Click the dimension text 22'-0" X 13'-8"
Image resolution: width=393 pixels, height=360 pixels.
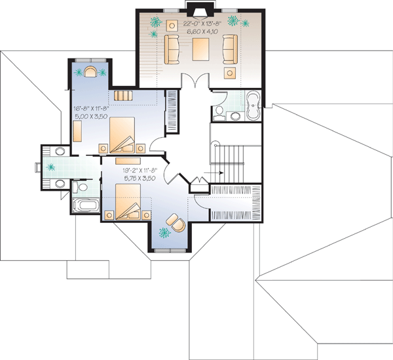point(201,24)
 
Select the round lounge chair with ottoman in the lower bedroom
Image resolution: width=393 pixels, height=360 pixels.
point(174,222)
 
